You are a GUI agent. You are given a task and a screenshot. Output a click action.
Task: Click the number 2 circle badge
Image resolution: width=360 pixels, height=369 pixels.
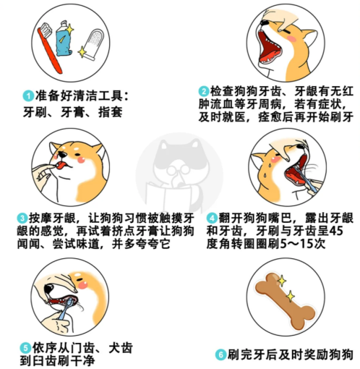[205, 92]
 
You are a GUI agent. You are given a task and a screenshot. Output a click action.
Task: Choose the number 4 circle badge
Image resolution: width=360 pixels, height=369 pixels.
[212, 217]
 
